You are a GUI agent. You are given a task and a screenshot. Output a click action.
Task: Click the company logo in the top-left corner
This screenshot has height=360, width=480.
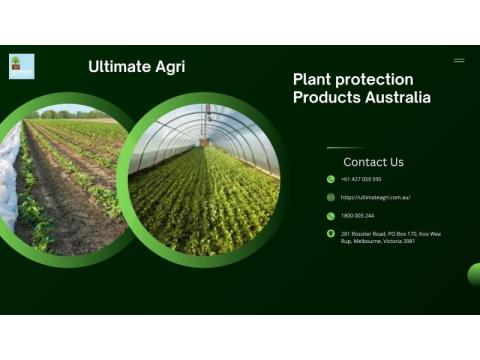tap(21, 66)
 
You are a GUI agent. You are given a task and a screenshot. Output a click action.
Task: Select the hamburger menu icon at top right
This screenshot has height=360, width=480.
tap(459, 60)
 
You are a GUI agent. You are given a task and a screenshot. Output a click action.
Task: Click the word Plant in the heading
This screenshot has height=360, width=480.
tap(314, 79)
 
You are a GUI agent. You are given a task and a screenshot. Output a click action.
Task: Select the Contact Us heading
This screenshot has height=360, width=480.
tap(373, 162)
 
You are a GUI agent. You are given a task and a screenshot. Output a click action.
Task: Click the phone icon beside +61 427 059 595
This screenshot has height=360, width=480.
tap(331, 180)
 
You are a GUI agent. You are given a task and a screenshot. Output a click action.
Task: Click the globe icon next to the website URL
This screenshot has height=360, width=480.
tap(331, 198)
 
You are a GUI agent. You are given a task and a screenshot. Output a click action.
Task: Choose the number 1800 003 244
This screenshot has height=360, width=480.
tap(357, 216)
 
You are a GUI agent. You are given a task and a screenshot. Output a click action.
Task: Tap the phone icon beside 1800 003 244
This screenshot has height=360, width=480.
tap(331, 216)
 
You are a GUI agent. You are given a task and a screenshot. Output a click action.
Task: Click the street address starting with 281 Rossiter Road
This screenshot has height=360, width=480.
tap(390, 237)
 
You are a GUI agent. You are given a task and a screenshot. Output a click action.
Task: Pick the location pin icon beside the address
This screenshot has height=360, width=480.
tap(331, 234)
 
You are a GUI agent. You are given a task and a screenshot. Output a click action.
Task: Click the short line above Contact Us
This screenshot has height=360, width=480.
tap(345, 148)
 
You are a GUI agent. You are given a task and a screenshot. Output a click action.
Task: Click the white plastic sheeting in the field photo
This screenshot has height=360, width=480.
tap(9, 175)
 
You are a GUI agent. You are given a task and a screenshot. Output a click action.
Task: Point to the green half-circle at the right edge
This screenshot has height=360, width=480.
tap(474, 275)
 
